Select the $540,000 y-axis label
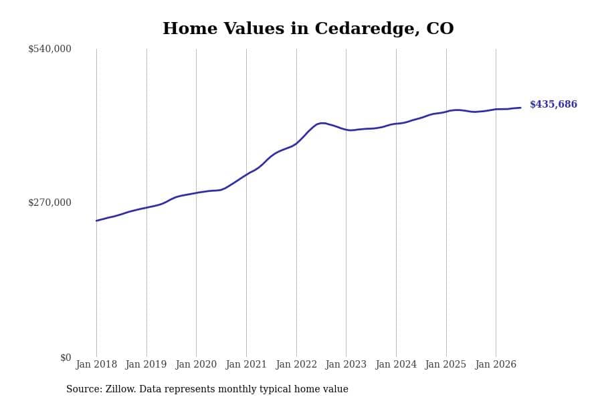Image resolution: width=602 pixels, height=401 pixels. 49,49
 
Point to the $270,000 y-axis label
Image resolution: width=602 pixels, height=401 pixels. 49,203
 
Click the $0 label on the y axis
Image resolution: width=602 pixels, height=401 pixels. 66,358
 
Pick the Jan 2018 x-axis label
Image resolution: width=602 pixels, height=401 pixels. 96,364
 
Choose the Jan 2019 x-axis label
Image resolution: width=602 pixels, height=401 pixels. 146,364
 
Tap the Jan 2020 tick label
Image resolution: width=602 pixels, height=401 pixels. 196,364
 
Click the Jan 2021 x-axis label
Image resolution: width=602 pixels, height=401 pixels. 246,364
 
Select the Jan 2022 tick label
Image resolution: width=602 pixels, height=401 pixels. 296,364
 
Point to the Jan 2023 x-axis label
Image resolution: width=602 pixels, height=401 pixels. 346,364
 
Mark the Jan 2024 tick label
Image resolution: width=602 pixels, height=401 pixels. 396,364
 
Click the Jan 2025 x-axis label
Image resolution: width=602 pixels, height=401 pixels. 445,364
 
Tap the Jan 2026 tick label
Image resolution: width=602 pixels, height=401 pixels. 496,364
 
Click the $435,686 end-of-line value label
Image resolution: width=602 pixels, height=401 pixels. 553,104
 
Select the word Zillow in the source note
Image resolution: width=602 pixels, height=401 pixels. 120,389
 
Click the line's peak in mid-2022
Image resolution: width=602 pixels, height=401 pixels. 322,123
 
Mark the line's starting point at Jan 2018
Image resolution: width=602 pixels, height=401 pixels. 96,221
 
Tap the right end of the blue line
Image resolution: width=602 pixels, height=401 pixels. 520,108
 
